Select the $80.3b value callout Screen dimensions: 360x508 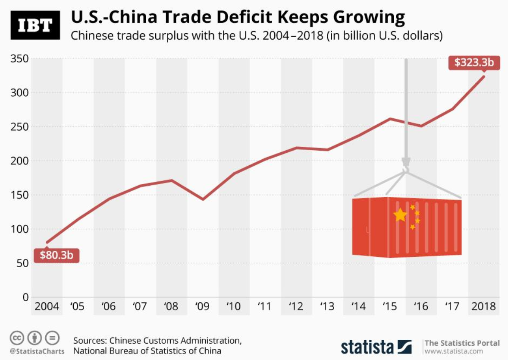[56, 255]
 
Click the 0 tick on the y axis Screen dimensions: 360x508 [25, 297]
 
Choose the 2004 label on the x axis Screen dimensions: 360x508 [47, 306]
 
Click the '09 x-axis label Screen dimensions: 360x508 [202, 306]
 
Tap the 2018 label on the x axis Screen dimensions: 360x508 [483, 306]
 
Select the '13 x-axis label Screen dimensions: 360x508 [327, 306]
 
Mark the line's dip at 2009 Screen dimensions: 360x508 [202, 199]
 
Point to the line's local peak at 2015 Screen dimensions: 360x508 [390, 118]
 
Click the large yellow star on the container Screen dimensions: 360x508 [400, 215]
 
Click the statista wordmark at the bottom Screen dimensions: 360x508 [367, 347]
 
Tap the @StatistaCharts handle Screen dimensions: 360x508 [37, 351]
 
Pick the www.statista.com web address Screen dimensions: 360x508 [461, 352]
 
